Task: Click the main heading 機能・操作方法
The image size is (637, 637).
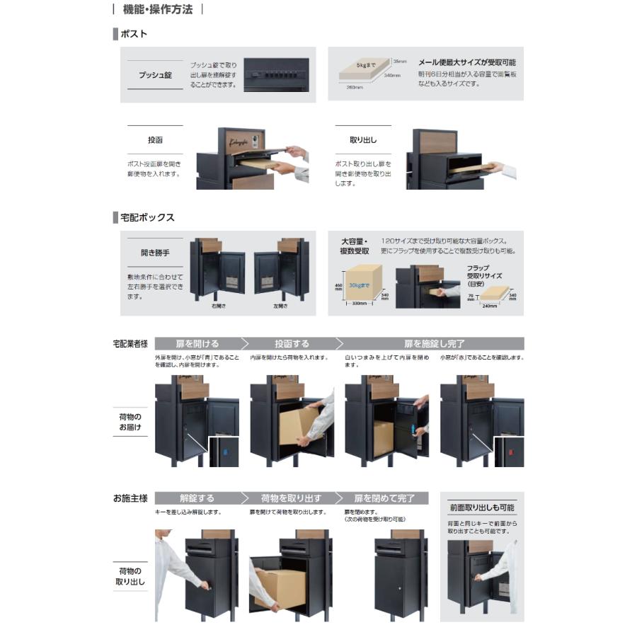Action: (157, 10)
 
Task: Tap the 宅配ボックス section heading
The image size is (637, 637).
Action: (147, 217)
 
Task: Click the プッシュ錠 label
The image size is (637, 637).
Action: (155, 74)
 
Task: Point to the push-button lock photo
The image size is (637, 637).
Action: (276, 74)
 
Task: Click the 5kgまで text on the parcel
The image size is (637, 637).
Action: (366, 65)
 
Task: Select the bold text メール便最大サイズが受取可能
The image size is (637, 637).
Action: (466, 62)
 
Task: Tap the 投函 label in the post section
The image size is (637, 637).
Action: (155, 140)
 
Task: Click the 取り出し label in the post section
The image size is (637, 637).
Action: (363, 140)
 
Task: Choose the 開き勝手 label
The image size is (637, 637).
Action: (155, 251)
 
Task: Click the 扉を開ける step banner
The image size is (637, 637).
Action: (196, 343)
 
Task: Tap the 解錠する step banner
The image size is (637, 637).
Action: (196, 498)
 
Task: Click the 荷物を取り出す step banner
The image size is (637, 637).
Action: (291, 498)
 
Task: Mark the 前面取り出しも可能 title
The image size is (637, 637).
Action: (481, 507)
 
